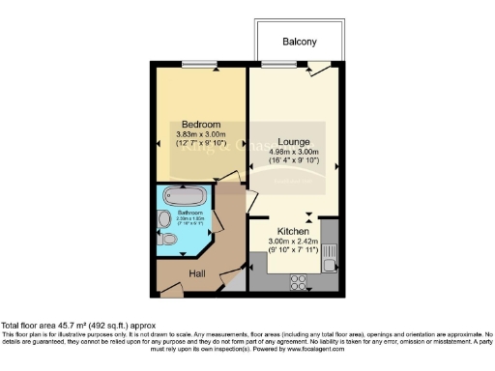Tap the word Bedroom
(x=201, y=124)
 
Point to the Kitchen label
(x=293, y=232)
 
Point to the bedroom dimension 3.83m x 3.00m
(x=202, y=134)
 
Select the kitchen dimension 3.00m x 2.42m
(x=293, y=243)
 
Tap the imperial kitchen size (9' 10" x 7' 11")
(x=293, y=251)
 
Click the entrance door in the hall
(x=175, y=287)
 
